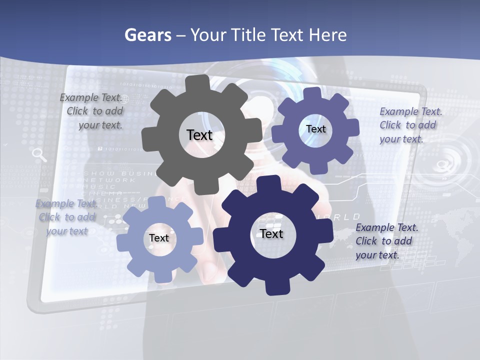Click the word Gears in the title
pos(148,35)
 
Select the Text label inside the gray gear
pos(199,135)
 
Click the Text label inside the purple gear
pos(315,129)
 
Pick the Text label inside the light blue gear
pos(159,238)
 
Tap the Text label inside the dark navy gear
pos(271,234)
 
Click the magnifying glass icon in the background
pos(39,155)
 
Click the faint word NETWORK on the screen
pos(109,180)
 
